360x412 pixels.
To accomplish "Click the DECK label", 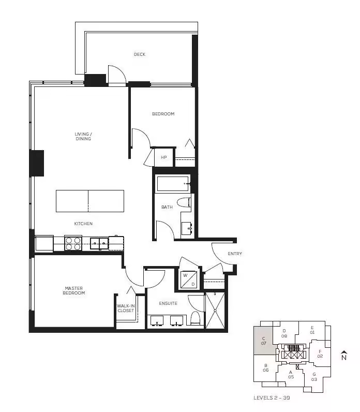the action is (x=140, y=54).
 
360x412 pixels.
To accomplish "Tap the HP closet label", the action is (x=163, y=157).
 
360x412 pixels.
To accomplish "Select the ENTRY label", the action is (x=235, y=254).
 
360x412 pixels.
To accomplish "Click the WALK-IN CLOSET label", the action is (x=126, y=308).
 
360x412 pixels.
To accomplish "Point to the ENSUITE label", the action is (x=168, y=303).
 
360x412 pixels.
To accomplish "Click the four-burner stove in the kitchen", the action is (x=73, y=243).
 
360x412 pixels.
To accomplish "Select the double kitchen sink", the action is (x=99, y=243).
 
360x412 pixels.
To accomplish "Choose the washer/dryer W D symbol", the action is (x=189, y=279).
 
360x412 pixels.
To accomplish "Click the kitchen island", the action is (x=90, y=201).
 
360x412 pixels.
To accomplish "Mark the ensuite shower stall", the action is (x=215, y=311).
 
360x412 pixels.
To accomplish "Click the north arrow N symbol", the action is (x=344, y=355).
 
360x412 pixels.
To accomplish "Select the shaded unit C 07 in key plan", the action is (x=264, y=341).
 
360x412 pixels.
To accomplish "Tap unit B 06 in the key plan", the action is (x=265, y=368).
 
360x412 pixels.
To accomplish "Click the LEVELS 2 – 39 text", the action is (x=272, y=398).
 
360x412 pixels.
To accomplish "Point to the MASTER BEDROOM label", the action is (x=74, y=290).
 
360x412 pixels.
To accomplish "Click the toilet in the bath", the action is (x=184, y=203).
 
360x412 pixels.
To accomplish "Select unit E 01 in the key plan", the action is (x=312, y=330).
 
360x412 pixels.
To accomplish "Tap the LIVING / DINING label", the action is (x=83, y=136).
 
